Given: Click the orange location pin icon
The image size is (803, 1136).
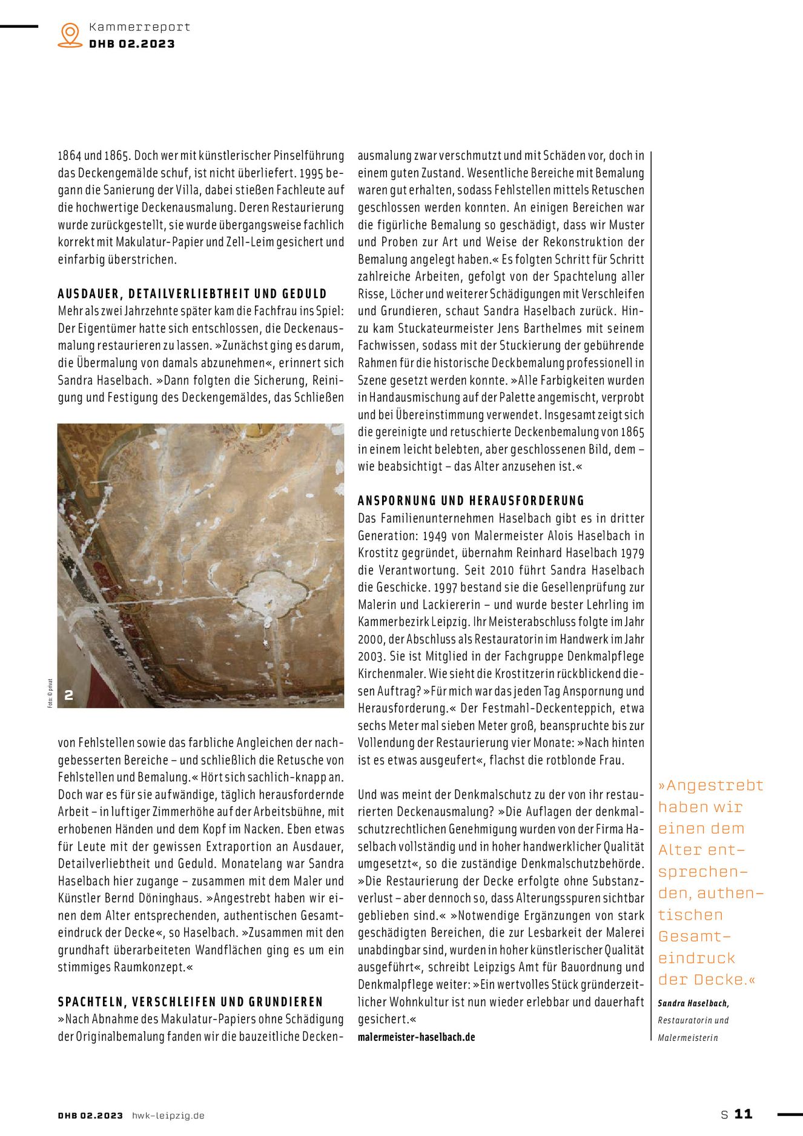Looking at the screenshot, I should click(70, 35).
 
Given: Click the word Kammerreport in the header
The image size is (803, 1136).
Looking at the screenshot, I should click(139, 27).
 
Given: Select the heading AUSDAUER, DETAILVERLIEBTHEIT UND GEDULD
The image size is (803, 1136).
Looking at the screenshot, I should click(192, 294).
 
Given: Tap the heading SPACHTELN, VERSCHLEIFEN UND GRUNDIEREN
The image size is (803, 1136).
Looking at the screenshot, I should click(191, 1001).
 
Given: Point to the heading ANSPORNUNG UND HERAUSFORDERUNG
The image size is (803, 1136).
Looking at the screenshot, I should click(471, 500).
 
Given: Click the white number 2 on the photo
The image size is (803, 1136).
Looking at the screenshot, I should click(69, 695).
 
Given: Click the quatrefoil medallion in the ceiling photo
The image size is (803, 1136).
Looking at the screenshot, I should click(272, 593).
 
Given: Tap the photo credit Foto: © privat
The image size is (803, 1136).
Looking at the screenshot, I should click(50, 693).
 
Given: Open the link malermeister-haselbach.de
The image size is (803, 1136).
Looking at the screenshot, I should click(416, 1037).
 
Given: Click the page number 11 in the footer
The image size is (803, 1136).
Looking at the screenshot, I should click(743, 1114).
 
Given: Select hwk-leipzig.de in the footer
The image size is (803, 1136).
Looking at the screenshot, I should click(168, 1115).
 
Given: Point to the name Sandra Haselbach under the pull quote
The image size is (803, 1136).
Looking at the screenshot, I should click(693, 1003).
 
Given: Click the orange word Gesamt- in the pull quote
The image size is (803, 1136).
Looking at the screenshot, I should click(695, 937).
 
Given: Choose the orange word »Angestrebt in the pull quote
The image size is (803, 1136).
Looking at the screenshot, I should click(710, 786).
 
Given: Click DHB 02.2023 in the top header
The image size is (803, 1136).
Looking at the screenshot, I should click(132, 44).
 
